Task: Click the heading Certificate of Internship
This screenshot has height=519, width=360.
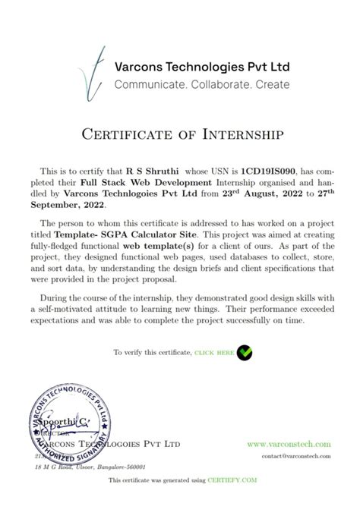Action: pos(180,134)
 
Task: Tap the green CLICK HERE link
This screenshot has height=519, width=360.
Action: pos(214,354)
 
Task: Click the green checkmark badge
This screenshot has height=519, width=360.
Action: pos(245,353)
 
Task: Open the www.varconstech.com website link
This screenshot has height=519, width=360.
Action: pos(289,444)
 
